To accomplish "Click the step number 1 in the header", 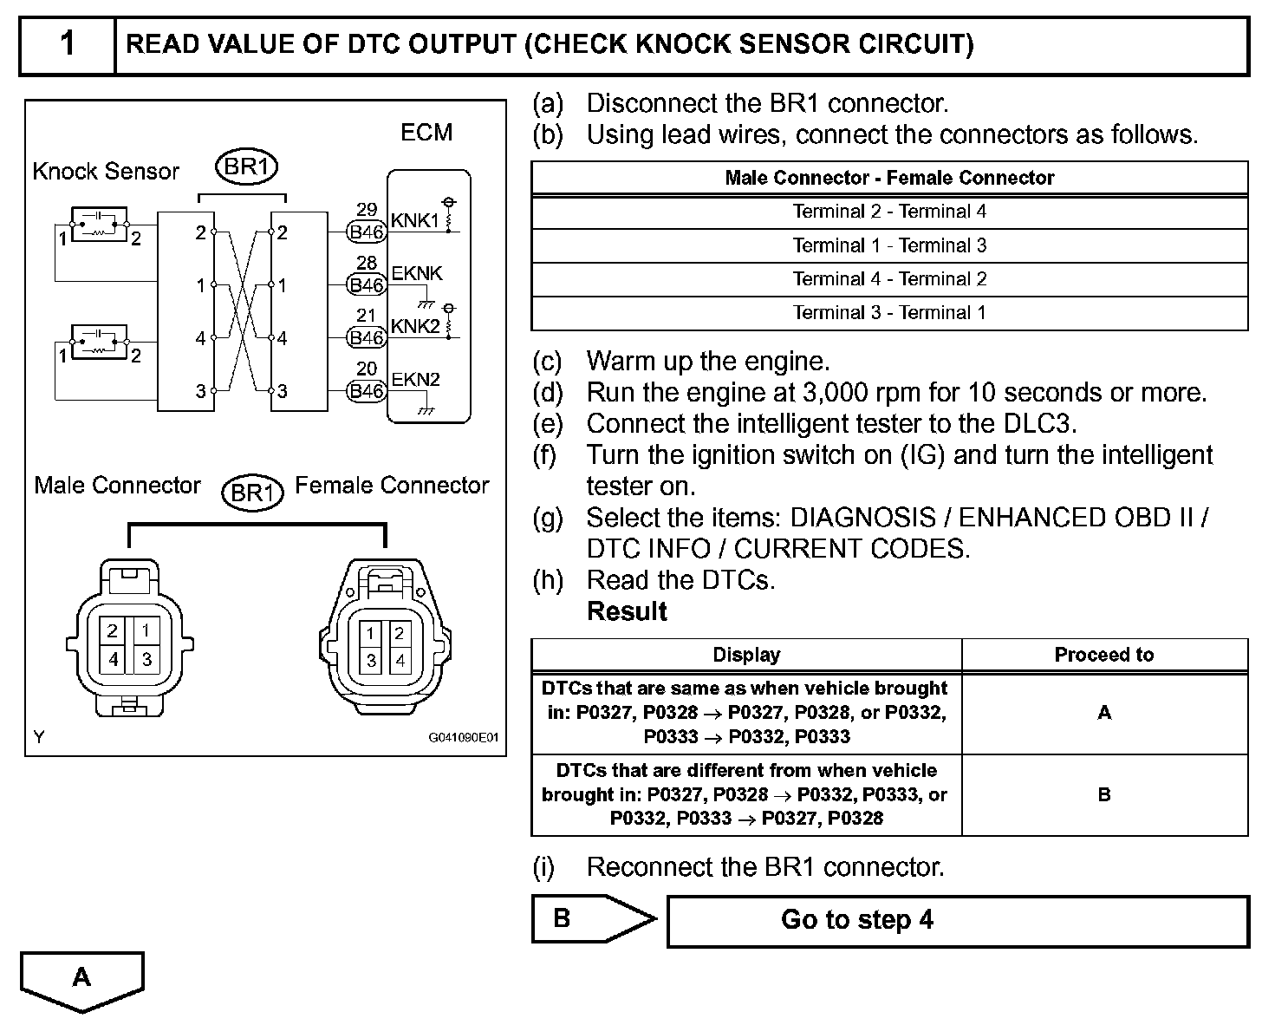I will tap(68, 43).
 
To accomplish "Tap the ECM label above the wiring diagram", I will tap(426, 133).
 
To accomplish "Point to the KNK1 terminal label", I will tap(415, 220).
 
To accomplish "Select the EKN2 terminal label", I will tap(415, 380).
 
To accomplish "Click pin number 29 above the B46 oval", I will tap(367, 210).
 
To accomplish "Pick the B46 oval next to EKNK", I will tap(366, 284).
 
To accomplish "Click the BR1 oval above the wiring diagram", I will tap(246, 166).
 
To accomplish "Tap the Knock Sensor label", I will tap(106, 171).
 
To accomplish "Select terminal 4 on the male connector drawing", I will tap(114, 659).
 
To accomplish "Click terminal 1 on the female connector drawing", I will tap(371, 633).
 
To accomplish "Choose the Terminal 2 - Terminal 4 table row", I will tap(889, 212).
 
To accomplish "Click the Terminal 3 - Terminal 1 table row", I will tap(889, 313).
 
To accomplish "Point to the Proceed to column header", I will tap(1103, 655).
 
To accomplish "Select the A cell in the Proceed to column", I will tap(1103, 712).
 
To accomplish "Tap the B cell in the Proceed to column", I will tap(1103, 794).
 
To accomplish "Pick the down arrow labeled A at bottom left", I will tap(81, 980).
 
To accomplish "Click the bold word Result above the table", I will tap(627, 611).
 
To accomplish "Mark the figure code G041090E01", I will tap(464, 738).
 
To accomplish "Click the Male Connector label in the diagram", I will tap(117, 485).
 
